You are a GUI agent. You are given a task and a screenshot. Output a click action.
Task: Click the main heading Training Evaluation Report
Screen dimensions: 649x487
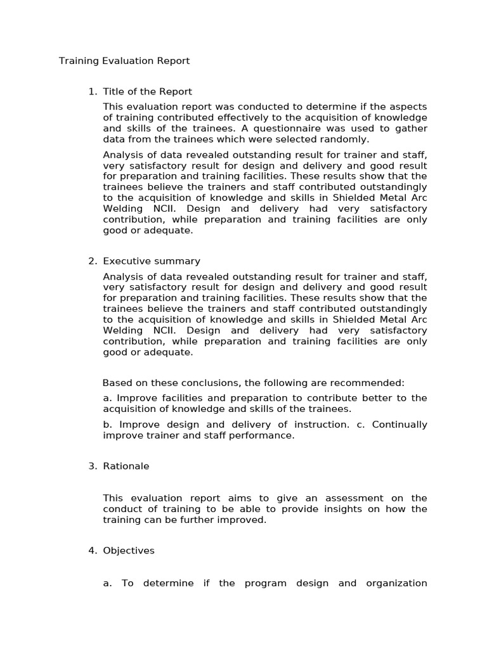click(x=124, y=61)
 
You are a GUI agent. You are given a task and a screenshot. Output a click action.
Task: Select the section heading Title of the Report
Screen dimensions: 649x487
click(x=147, y=92)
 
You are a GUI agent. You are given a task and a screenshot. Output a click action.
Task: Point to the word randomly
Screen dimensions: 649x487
click(x=347, y=139)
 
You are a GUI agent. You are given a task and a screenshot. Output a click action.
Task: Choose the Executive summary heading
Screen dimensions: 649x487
click(x=152, y=261)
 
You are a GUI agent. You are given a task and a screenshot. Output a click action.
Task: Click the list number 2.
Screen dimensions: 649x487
click(x=92, y=261)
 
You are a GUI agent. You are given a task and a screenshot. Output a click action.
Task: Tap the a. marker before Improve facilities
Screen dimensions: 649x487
click(x=107, y=398)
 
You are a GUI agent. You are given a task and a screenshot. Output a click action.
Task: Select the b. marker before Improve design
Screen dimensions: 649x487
click(x=107, y=425)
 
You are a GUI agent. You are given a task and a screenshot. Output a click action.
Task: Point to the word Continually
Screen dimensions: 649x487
click(x=399, y=425)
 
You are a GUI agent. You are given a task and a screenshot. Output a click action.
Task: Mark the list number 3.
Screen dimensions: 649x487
click(x=92, y=466)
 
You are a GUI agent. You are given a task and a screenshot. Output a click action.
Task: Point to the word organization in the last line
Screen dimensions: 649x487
click(x=396, y=584)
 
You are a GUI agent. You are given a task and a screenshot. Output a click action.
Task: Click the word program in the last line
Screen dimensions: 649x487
click(x=263, y=584)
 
